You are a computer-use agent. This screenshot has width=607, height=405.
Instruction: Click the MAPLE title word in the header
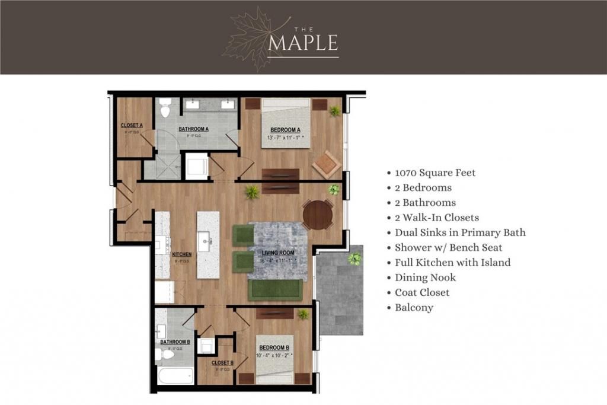coord(303,43)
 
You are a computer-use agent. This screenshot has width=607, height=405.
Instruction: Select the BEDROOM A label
coord(286,130)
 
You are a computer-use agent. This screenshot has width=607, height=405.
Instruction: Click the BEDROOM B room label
coord(274,347)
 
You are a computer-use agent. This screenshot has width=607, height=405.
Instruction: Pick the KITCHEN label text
coord(181,254)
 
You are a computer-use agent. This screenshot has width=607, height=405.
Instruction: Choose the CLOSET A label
coord(132,125)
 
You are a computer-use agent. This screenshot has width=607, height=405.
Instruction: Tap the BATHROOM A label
coord(194,129)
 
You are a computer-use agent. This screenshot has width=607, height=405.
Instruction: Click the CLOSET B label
coord(222,362)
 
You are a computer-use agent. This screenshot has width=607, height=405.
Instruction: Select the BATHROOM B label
coord(175,342)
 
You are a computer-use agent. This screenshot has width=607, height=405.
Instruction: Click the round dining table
coord(318,215)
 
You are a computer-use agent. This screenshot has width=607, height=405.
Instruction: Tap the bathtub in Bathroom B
coord(175,376)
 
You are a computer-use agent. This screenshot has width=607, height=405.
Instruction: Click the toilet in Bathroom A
coord(165,109)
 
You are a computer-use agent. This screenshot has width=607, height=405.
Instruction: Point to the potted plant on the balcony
coord(354,259)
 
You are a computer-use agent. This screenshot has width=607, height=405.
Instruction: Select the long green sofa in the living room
coord(275,289)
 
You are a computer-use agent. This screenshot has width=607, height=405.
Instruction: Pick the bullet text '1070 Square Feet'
coord(435,173)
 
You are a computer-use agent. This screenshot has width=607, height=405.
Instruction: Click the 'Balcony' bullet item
coord(414,308)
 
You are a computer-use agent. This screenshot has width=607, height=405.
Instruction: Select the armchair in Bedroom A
coord(327,164)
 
